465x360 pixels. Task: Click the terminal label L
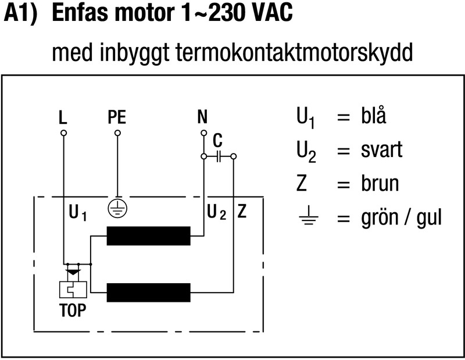point(63,118)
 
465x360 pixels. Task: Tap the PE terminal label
point(117,118)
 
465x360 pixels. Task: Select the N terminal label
point(202,118)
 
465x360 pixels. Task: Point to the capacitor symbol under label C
point(219,156)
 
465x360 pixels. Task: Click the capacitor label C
point(217,141)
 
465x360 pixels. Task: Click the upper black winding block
point(148,236)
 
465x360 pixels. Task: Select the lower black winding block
point(148,291)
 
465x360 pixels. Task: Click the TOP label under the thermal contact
point(73,310)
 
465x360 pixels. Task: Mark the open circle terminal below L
point(63,133)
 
